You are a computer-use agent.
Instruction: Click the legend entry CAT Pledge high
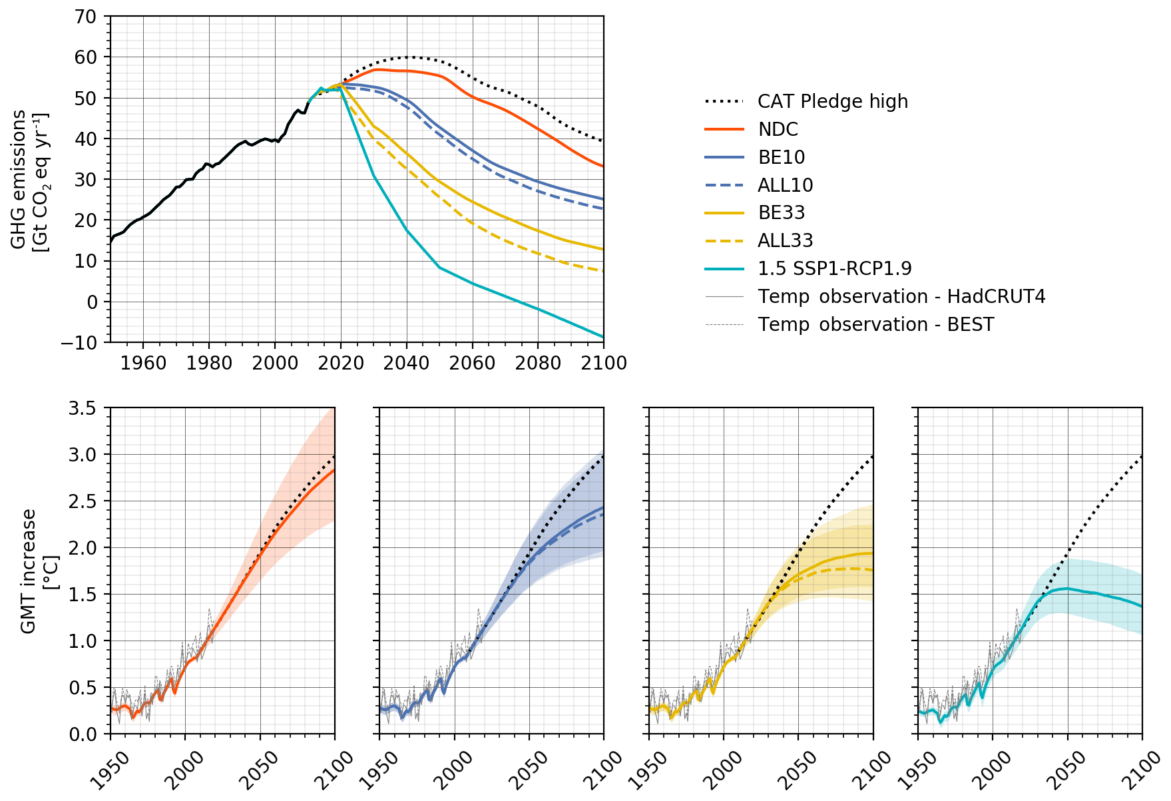pyautogui.click(x=832, y=101)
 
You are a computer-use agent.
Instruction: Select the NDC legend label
pyautogui.click(x=778, y=129)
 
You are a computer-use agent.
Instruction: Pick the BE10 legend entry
pyautogui.click(x=781, y=157)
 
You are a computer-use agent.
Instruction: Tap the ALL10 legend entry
pyautogui.click(x=785, y=185)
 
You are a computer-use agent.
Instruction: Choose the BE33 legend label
pyautogui.click(x=781, y=212)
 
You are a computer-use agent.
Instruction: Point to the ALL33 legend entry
pyautogui.click(x=785, y=240)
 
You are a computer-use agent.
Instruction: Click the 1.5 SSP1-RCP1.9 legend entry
pyautogui.click(x=834, y=268)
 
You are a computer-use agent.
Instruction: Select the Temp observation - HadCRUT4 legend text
pyautogui.click(x=901, y=296)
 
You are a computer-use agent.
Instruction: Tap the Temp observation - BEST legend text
pyautogui.click(x=875, y=324)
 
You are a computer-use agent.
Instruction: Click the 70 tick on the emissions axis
pyautogui.click(x=85, y=17)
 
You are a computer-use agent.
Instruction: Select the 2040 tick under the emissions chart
pyautogui.click(x=407, y=363)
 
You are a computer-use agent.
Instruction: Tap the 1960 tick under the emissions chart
pyautogui.click(x=143, y=363)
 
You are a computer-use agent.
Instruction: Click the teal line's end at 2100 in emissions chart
pyautogui.click(x=603, y=337)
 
